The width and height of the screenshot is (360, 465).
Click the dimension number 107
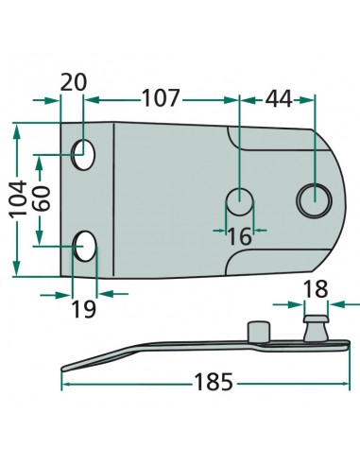click(x=161, y=97)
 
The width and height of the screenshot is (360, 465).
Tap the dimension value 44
click(x=279, y=99)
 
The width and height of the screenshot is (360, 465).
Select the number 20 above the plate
click(x=73, y=82)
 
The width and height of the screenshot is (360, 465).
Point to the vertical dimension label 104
click(x=18, y=198)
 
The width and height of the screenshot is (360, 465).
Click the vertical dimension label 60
click(x=42, y=198)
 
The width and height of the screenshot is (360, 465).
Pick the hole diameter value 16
click(x=239, y=237)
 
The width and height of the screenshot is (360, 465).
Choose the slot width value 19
click(x=84, y=309)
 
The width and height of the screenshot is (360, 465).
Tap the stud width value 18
click(x=316, y=289)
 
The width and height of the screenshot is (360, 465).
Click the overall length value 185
click(x=214, y=382)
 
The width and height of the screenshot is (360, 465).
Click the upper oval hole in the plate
click(x=84, y=155)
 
